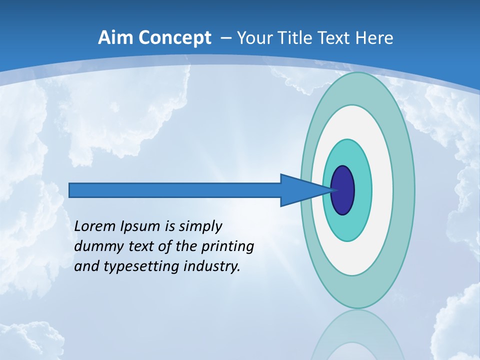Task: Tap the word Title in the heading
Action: (x=295, y=38)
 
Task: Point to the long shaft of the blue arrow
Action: (x=175, y=190)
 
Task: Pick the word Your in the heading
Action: (x=254, y=38)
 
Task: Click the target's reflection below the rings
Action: (x=357, y=335)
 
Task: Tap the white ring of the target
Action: (x=382, y=190)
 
